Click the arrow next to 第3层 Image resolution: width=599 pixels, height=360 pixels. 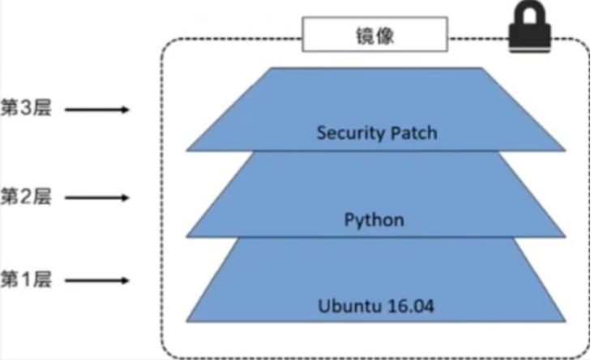pyautogui.click(x=96, y=109)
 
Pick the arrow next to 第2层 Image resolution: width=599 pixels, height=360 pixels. pyautogui.click(x=96, y=196)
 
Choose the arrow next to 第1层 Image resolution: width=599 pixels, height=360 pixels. pyautogui.click(x=96, y=281)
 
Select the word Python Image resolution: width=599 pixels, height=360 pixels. pyautogui.click(x=374, y=220)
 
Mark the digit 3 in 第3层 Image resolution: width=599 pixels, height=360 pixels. pyautogui.click(x=25, y=109)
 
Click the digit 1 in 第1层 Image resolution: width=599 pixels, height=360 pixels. pyautogui.click(x=25, y=281)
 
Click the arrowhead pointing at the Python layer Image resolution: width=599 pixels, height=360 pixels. pyautogui.click(x=124, y=196)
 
